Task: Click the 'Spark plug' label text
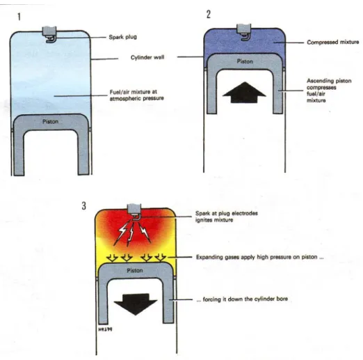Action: click(123, 37)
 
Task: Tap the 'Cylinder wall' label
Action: click(147, 57)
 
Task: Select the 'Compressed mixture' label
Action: click(333, 42)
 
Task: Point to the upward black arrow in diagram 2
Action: click(244, 92)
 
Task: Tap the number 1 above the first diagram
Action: click(19, 17)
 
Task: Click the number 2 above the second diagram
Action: click(209, 15)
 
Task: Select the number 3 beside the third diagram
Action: click(83, 205)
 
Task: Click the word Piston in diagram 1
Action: click(50, 122)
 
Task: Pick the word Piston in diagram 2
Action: click(245, 61)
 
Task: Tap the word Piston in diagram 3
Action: click(135, 270)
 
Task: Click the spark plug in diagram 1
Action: click(49, 34)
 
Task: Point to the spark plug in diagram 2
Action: click(244, 32)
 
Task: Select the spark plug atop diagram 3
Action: click(134, 212)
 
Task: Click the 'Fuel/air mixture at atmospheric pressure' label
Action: click(137, 95)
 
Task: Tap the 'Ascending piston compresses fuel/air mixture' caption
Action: click(329, 91)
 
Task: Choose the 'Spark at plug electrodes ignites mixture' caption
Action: click(227, 217)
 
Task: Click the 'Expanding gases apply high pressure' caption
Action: click(260, 257)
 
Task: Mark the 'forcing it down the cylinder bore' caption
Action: click(242, 299)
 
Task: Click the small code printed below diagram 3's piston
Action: click(105, 329)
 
